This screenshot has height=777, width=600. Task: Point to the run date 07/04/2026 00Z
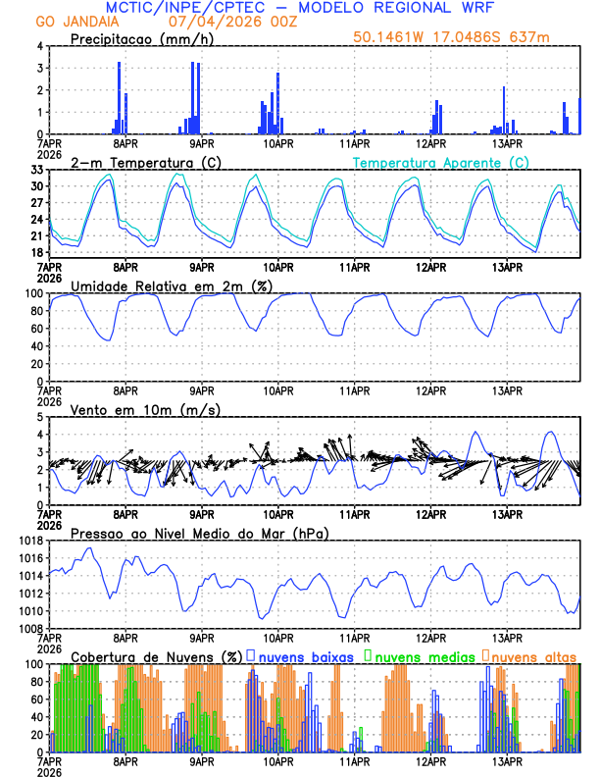tap(217, 22)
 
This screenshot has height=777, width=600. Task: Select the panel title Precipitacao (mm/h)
tap(138, 38)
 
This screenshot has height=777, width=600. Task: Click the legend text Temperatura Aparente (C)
tap(441, 162)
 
